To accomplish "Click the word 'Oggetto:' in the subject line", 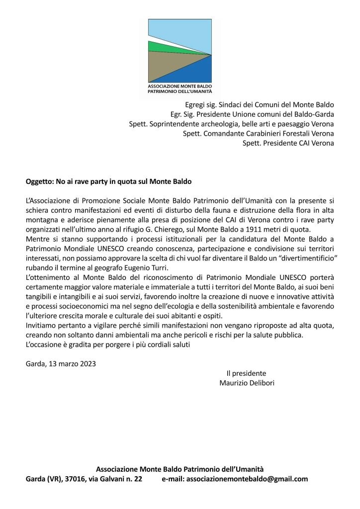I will (x=40, y=181).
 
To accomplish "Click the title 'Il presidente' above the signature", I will (x=246, y=373).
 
